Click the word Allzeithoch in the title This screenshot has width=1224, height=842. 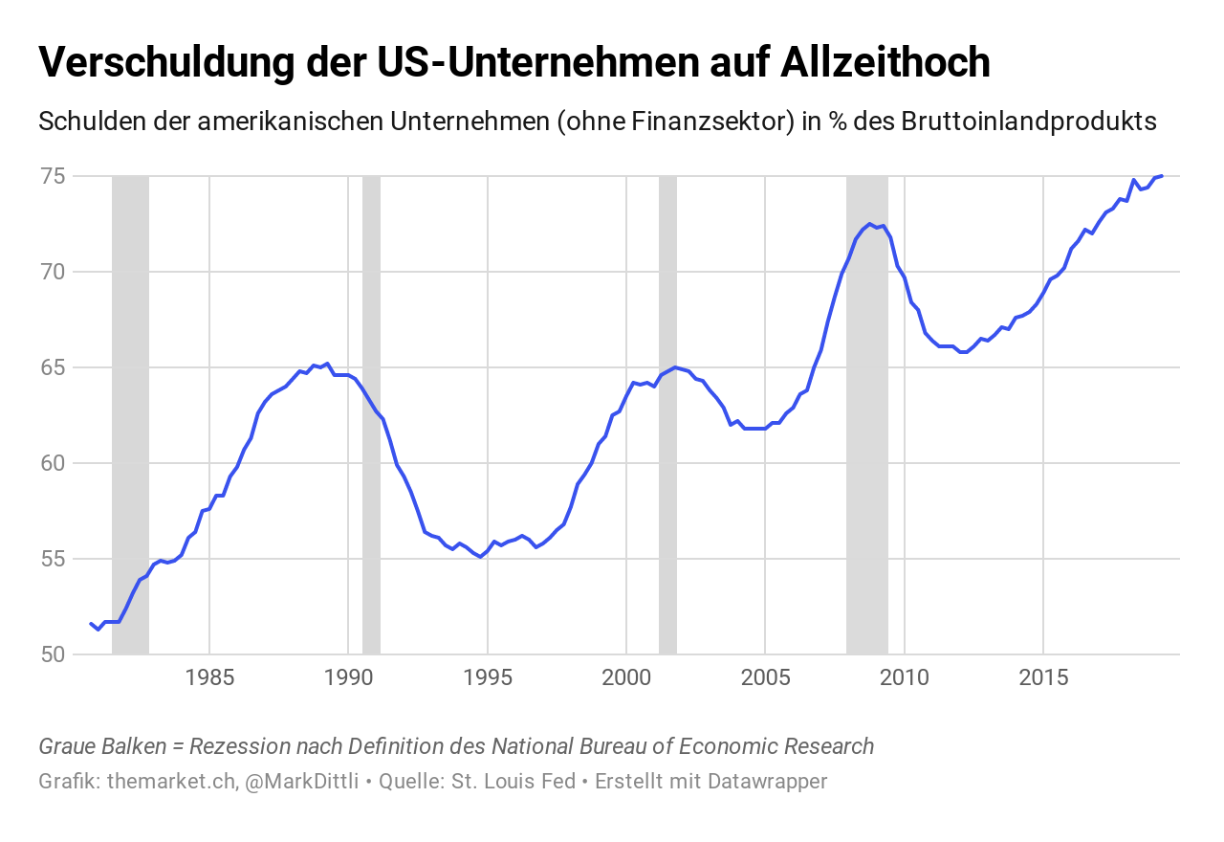tap(885, 62)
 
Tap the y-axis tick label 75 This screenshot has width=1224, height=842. tap(54, 176)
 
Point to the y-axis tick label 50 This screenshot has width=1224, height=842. tap(54, 654)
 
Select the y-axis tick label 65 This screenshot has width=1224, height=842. tap(54, 367)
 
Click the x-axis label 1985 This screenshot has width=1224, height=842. tap(209, 678)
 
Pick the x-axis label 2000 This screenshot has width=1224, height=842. tap(626, 678)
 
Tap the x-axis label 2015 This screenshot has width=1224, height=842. tap(1043, 678)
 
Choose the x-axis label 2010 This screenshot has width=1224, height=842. tap(905, 678)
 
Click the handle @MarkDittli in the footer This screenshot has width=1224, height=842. tap(301, 781)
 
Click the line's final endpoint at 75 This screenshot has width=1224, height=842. tap(1162, 175)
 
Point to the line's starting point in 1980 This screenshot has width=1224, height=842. tap(91, 624)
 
